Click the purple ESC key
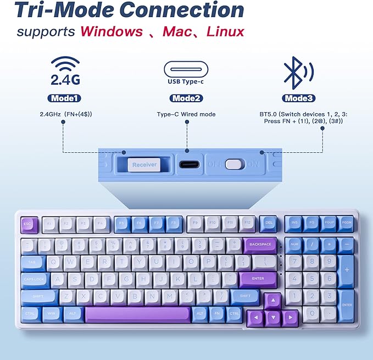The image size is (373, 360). [x=29, y=224]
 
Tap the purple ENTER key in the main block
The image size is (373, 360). [x=258, y=279]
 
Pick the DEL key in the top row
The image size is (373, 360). [x=268, y=223]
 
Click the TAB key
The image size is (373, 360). [x=33, y=262]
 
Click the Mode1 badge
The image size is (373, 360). [x=65, y=98]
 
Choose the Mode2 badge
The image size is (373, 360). [x=186, y=98]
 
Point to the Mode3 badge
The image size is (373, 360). [x=299, y=98]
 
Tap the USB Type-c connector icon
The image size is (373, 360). [x=186, y=70]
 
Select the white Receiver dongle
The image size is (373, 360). [x=144, y=164]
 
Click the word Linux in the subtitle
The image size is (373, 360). [x=225, y=31]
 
